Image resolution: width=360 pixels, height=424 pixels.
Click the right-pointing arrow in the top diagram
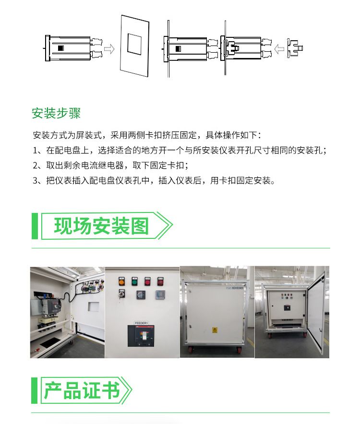(109, 49)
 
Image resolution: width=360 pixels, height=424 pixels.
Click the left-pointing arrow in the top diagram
(279, 49)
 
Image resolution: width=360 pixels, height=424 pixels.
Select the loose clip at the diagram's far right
(295, 48)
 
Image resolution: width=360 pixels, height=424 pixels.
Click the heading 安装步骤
(56, 113)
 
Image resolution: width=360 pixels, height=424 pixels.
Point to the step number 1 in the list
(35, 150)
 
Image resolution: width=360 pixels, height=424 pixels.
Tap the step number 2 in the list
(36, 165)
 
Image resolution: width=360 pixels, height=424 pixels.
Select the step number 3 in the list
(36, 181)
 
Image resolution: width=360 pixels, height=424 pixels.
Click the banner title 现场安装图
(101, 226)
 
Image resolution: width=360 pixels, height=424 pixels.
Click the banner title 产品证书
(82, 390)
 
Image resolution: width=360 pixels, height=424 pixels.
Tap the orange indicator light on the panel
(121, 282)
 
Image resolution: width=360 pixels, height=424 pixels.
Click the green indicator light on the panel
(134, 282)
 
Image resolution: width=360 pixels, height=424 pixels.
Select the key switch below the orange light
(122, 294)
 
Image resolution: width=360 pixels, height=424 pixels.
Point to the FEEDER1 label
(141, 323)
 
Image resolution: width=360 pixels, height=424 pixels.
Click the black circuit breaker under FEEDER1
(141, 336)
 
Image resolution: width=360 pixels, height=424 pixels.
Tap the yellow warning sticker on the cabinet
(215, 330)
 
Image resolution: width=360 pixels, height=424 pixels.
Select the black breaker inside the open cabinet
(287, 307)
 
